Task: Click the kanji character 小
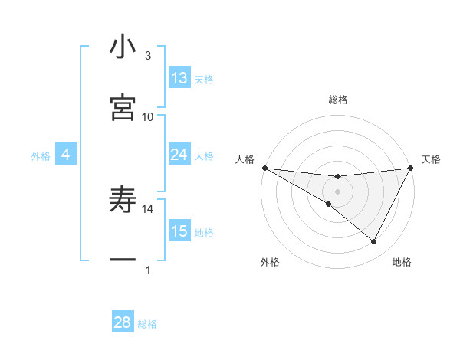123,47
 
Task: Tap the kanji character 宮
123,107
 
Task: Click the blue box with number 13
179,78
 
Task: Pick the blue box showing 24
179,155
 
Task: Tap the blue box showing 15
179,231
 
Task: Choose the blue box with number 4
65,155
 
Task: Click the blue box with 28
123,322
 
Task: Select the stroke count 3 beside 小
148,56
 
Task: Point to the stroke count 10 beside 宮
148,116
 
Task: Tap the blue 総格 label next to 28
147,324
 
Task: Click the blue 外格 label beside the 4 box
41,156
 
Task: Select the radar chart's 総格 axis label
338,100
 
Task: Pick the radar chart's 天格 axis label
432,159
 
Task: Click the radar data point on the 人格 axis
264,168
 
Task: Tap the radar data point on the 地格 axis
374,242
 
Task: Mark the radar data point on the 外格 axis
329,205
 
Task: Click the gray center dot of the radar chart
337,191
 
